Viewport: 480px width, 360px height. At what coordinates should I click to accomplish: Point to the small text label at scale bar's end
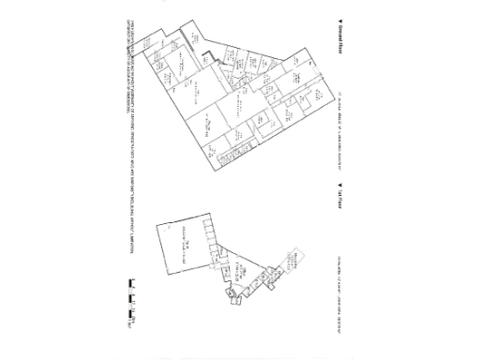(x=132, y=323)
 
